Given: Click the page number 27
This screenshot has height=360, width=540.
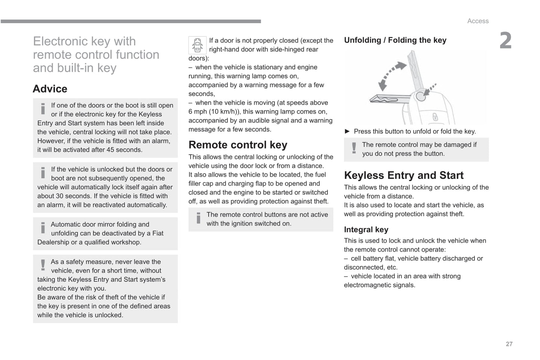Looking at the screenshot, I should pos(509,344).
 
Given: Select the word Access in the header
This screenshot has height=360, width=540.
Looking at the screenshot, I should pos(478,21).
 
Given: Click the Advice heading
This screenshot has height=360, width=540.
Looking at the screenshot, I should pos(50,89).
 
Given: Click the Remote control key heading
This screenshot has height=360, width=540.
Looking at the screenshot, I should pos(238,145).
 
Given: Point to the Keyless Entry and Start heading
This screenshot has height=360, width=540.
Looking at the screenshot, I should pos(404,175).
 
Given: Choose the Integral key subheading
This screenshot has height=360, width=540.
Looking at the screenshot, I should pos(366,230).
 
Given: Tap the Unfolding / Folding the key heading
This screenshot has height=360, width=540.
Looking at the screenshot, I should pos(395,40).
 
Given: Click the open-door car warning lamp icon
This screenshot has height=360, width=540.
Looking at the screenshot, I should pos(197,45).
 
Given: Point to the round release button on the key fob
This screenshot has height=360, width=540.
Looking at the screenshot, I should pos(421,96).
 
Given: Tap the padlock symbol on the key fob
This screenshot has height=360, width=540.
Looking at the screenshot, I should pos(435,117).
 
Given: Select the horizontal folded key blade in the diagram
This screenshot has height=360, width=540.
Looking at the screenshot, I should pos(389,99).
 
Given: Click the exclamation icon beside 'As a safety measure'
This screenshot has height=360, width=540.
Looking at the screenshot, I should pos(43,265).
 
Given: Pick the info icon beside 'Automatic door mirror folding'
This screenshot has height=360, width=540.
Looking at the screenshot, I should pos(43,228).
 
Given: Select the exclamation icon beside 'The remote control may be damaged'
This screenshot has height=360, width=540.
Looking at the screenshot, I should pos(354,148).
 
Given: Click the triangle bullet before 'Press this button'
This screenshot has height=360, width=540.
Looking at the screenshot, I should pos(347,131).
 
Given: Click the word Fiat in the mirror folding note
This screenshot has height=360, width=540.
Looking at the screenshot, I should pos(158,233).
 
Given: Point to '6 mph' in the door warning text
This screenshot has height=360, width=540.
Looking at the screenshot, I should pos(197,112).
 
